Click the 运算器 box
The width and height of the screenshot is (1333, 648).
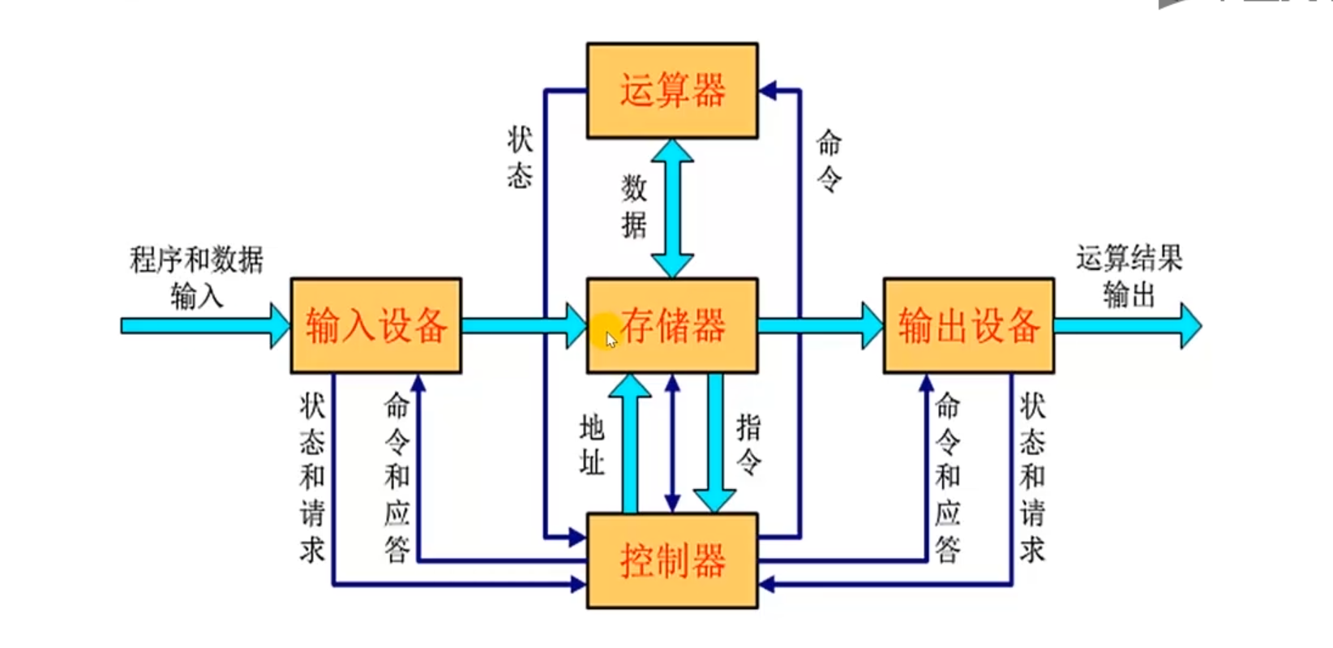pyautogui.click(x=672, y=90)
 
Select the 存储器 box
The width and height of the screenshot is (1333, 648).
pyautogui.click(x=672, y=325)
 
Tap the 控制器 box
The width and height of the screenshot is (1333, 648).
pyautogui.click(x=672, y=560)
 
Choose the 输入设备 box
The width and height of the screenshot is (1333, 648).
pyautogui.click(x=376, y=325)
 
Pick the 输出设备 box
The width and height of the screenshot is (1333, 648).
pyautogui.click(x=969, y=325)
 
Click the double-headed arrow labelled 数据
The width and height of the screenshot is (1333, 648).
pyautogui.click(x=672, y=208)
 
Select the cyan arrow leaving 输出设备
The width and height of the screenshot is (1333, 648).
pyautogui.click(x=1127, y=326)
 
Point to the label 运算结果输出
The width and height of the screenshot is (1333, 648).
pyautogui.click(x=1129, y=276)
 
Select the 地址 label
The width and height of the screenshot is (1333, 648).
pyautogui.click(x=592, y=444)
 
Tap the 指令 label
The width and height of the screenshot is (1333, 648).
pyautogui.click(x=748, y=444)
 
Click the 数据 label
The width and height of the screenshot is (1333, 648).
pyautogui.click(x=634, y=206)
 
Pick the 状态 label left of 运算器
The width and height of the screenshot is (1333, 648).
pyautogui.click(x=520, y=157)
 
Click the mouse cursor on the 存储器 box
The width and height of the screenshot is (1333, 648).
pyautogui.click(x=611, y=339)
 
